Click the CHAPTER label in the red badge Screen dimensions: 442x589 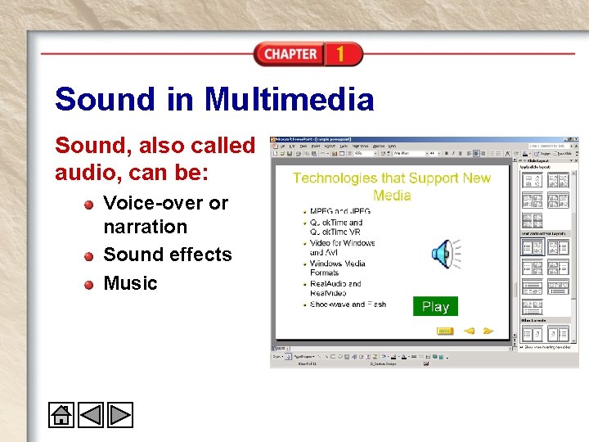(290, 54)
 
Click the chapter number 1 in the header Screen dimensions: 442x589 (339, 54)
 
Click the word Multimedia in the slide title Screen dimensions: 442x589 (289, 100)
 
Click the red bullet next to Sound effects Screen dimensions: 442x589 (88, 256)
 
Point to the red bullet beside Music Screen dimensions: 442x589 (88, 284)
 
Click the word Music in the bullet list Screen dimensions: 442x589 (130, 283)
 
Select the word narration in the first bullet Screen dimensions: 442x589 (145, 227)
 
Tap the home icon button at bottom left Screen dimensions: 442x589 (61, 415)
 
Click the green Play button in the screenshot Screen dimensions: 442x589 (435, 306)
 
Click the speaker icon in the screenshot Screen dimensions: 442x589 (444, 255)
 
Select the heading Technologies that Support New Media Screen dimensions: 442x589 (391, 187)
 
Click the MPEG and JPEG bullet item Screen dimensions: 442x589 (340, 211)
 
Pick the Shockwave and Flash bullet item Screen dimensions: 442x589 (348, 304)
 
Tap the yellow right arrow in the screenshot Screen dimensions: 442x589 (488, 331)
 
